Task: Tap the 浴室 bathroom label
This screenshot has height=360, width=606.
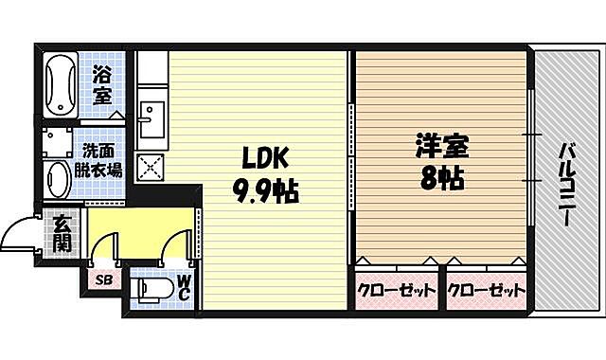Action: [x=101, y=84]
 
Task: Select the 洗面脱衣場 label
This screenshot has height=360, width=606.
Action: [x=101, y=162]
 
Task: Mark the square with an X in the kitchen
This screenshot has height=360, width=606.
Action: [x=150, y=167]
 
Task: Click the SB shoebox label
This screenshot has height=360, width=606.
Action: [x=101, y=281]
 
